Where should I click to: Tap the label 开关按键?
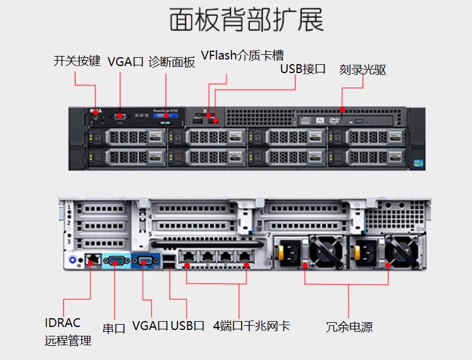coord(77,61)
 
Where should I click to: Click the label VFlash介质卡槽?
coord(242,55)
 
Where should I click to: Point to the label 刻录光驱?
coord(362,70)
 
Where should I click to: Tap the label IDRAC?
coord(62,323)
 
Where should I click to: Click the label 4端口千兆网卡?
coord(252,326)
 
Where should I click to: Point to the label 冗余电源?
coord(349,327)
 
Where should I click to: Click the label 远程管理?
coord(68,341)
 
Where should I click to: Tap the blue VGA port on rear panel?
coord(145,260)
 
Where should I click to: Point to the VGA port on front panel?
coord(120,116)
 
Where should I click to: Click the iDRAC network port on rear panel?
coord(91,259)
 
